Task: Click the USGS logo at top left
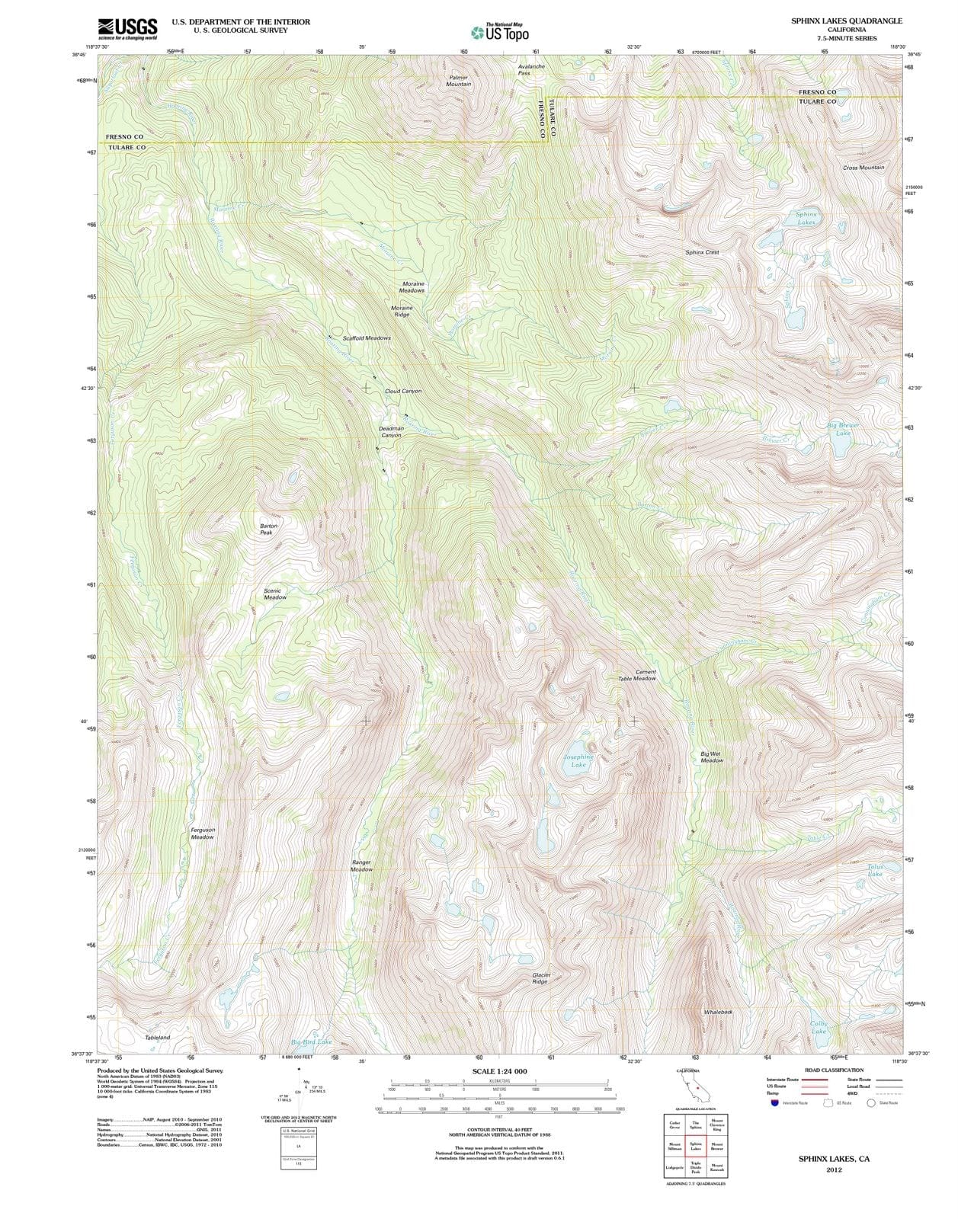[x=127, y=28]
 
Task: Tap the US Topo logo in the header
[x=499, y=33]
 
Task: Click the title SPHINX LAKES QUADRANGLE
[x=846, y=21]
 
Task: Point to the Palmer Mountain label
[x=458, y=81]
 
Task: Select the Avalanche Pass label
[x=531, y=69]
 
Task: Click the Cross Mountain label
[x=863, y=168]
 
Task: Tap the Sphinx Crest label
[x=702, y=252]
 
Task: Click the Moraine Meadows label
[x=412, y=286]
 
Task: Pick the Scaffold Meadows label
[x=366, y=338]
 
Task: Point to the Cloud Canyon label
[x=402, y=391]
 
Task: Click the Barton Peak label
[x=268, y=529]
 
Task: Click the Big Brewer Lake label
[x=842, y=429]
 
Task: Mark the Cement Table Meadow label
[x=637, y=675]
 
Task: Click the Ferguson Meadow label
[x=202, y=833]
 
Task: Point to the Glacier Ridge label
[x=540, y=978]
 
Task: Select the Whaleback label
[x=718, y=1012]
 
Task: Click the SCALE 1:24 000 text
[x=499, y=1071]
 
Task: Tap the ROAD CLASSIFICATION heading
[x=834, y=1070]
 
